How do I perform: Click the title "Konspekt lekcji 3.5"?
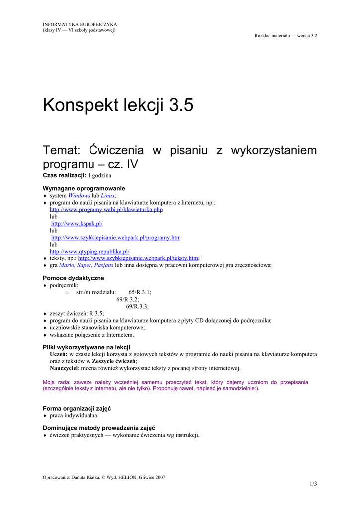coord(118,105)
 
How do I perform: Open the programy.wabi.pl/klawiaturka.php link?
coord(106,210)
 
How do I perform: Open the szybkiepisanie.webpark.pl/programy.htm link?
coord(116,238)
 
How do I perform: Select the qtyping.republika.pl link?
coord(90,252)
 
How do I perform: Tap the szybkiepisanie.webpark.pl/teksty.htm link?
coord(138,258)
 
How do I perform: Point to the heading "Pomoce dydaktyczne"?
coord(74,278)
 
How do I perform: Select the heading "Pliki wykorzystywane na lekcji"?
coord(87,347)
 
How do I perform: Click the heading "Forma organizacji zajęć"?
coord(77,408)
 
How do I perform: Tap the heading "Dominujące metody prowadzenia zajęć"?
coord(98,428)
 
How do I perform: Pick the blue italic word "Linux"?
coord(108,196)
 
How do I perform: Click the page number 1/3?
coord(313,484)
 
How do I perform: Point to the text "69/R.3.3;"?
coord(137,307)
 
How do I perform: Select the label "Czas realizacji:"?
coord(65,176)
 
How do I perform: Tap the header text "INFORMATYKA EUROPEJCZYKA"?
coord(80,24)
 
